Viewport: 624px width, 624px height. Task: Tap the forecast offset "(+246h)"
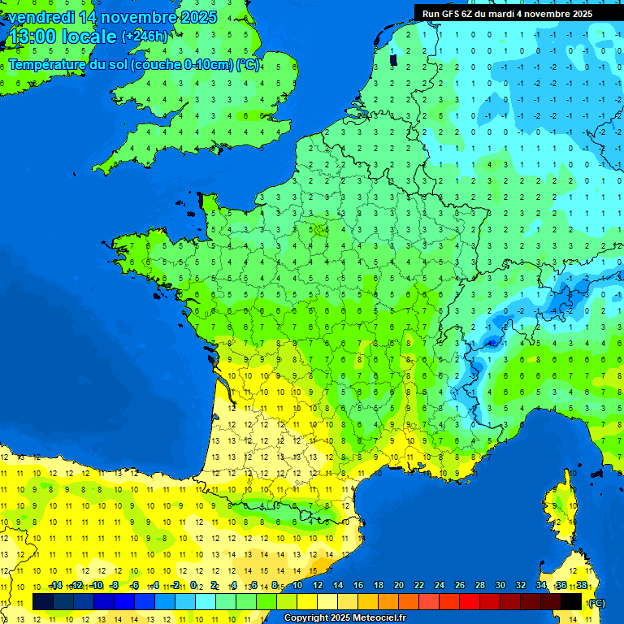pos(144,37)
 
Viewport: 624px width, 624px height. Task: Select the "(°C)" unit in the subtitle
pos(248,65)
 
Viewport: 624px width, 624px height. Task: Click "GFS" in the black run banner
pos(453,14)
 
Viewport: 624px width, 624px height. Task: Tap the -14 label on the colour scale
pos(55,585)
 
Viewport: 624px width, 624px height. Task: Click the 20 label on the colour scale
pos(398,585)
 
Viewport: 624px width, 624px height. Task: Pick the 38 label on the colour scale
pos(581,585)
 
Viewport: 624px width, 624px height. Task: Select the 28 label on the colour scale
pos(479,585)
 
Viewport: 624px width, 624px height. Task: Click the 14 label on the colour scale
pos(337,585)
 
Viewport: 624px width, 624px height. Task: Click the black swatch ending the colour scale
pos(571,601)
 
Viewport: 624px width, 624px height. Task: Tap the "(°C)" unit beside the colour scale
pos(596,602)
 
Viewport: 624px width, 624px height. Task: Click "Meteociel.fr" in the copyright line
pos(379,618)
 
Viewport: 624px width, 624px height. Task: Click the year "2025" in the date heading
pos(198,17)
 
